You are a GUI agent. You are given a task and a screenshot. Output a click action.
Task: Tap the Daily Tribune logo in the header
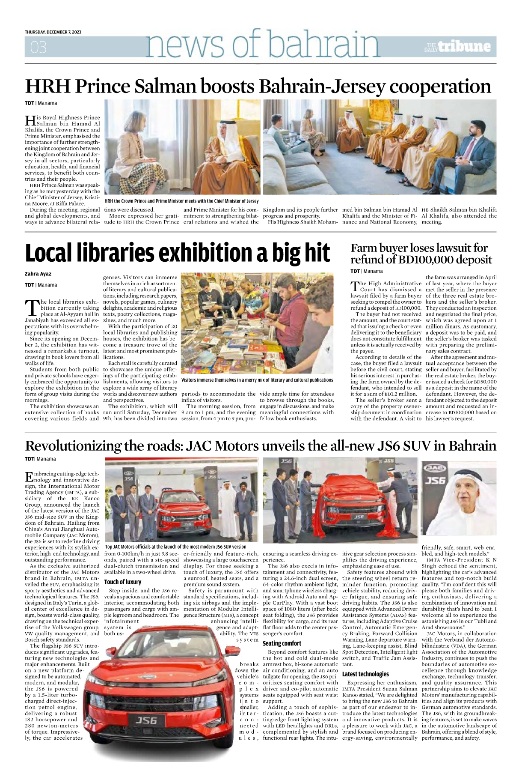(457, 46)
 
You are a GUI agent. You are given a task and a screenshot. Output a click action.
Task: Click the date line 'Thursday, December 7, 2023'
(53, 32)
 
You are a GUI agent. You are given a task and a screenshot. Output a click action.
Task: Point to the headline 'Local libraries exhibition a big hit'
(177, 253)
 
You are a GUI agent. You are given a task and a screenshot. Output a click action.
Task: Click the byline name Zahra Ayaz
(38, 274)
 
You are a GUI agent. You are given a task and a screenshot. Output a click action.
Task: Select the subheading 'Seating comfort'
(282, 643)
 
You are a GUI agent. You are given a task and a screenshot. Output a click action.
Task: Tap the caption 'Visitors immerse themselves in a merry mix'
(257, 380)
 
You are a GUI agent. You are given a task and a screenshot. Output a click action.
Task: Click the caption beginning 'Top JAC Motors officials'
(175, 547)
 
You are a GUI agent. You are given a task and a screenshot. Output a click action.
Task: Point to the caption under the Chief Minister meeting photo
(181, 201)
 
